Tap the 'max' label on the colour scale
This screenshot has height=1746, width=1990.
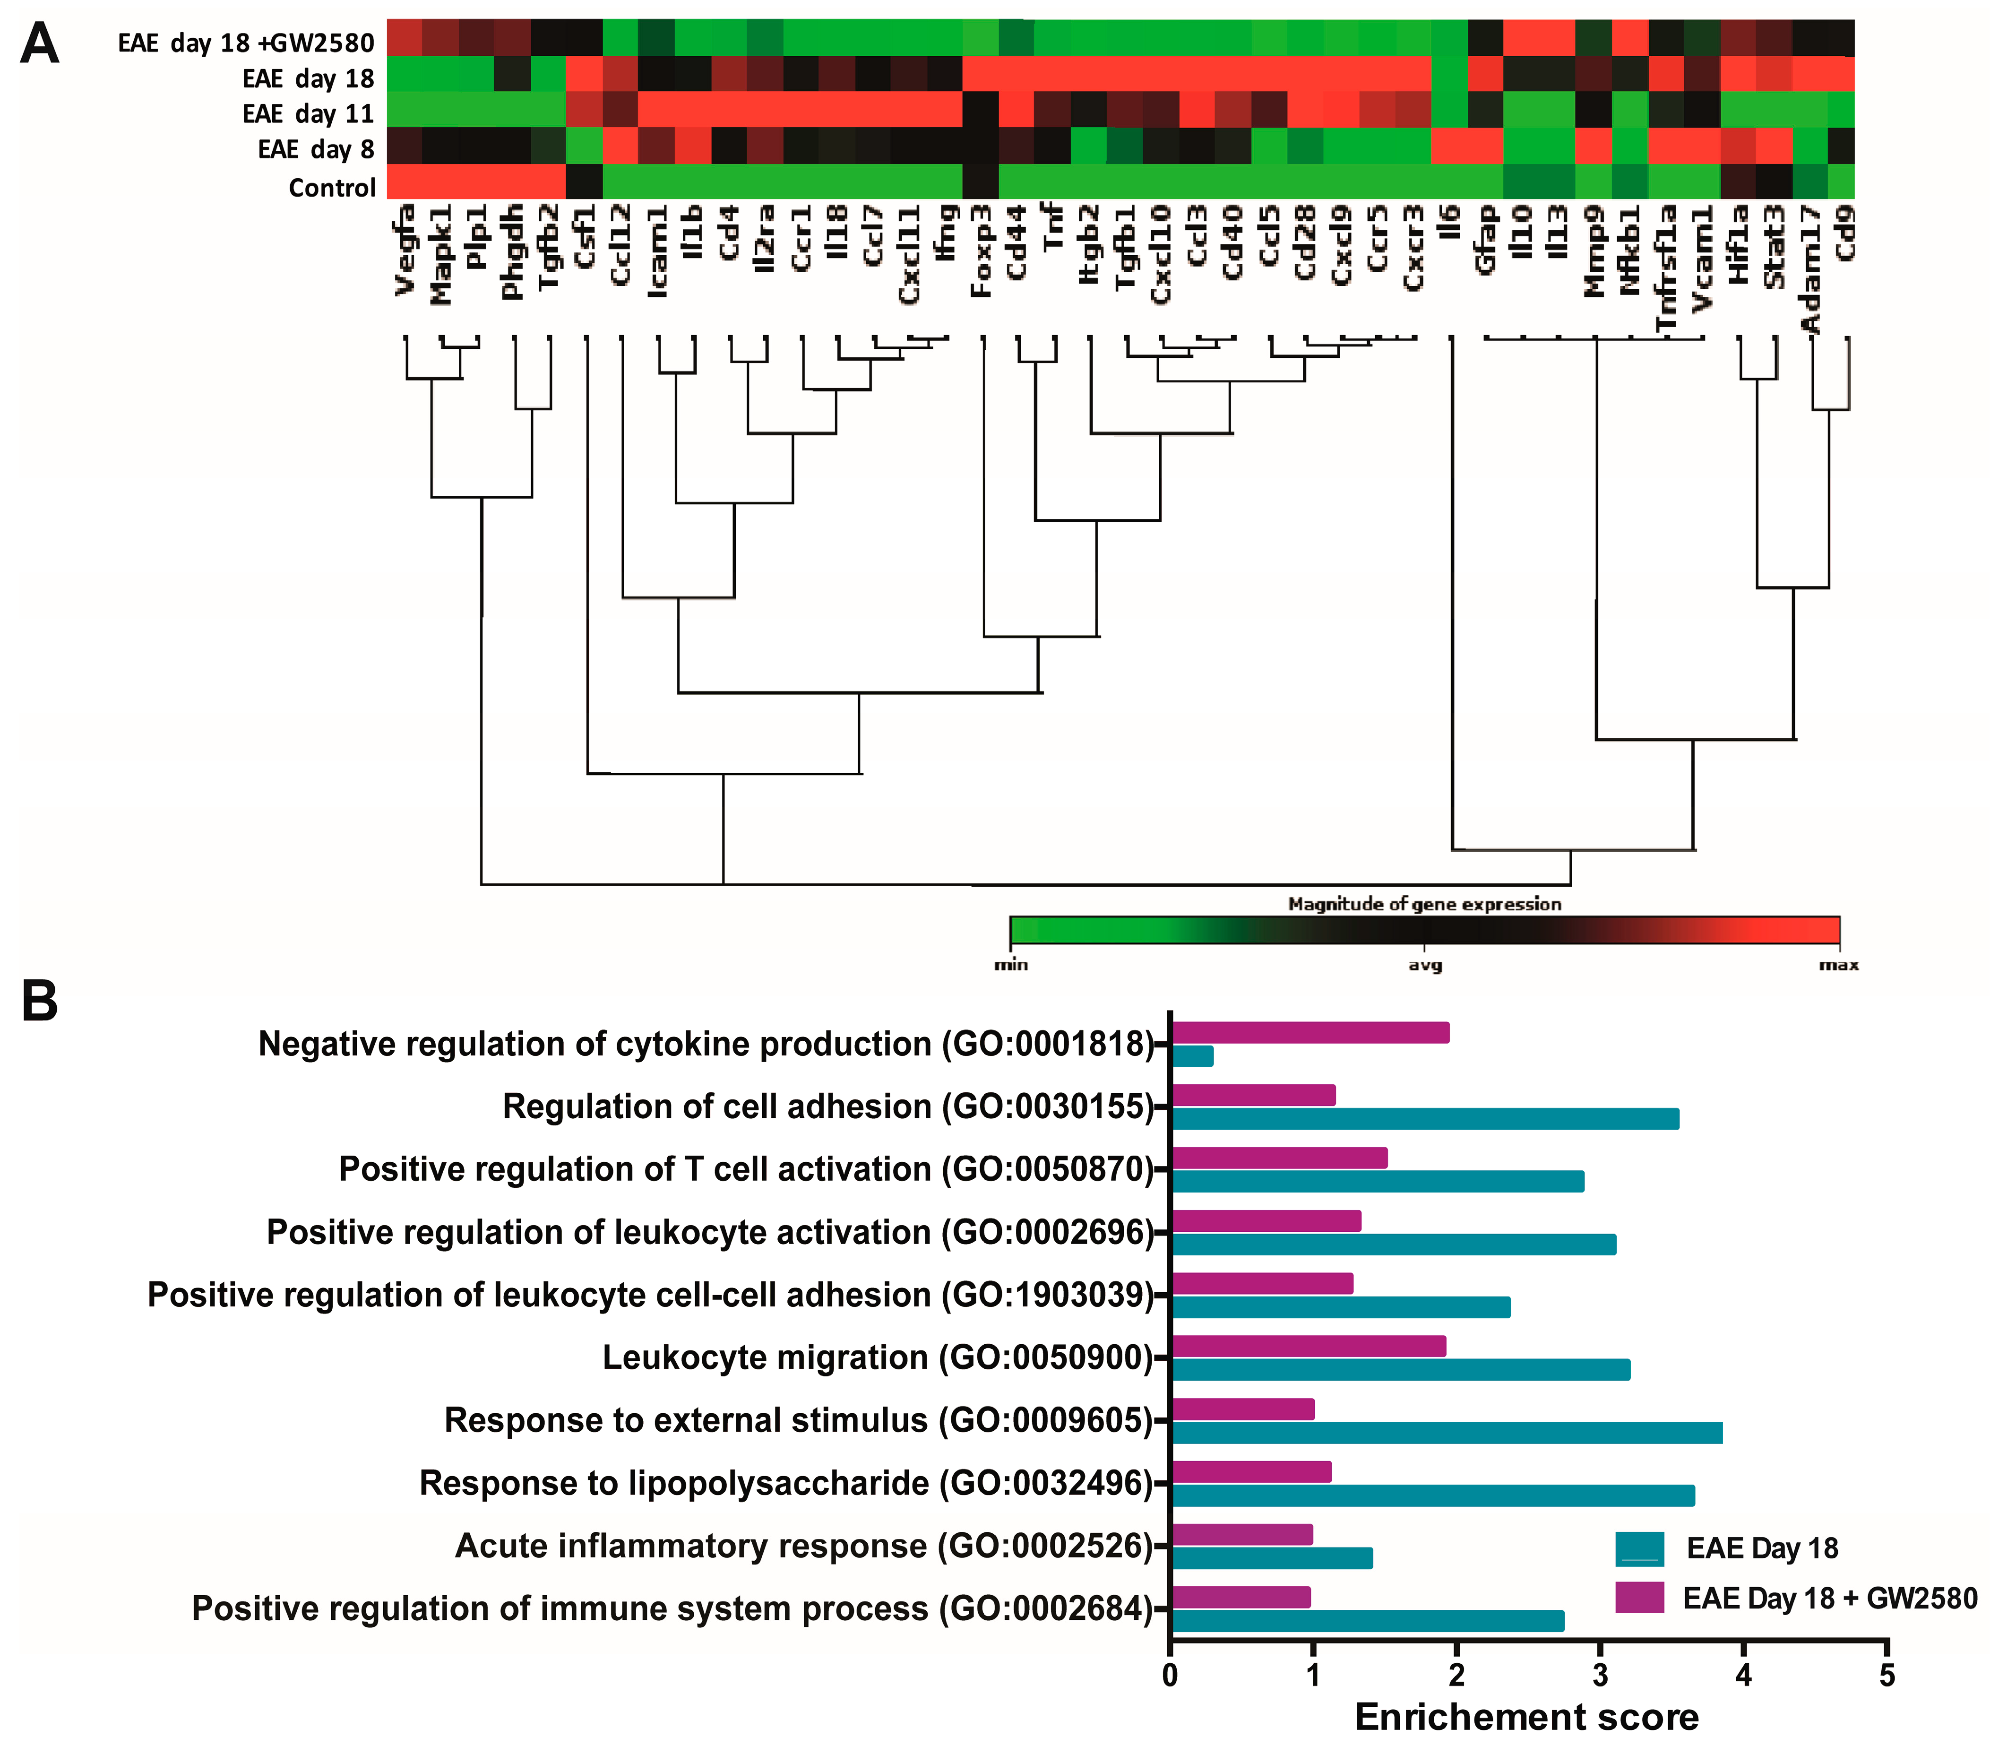[x=1838, y=965]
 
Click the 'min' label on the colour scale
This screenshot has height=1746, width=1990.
[x=1010, y=965]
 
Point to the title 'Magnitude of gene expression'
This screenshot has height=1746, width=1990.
[x=1424, y=904]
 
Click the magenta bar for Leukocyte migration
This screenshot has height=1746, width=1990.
[x=1309, y=1346]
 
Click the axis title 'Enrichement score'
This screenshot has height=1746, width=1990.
[x=1526, y=1717]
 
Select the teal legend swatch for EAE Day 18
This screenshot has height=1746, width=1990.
[x=1639, y=1548]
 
